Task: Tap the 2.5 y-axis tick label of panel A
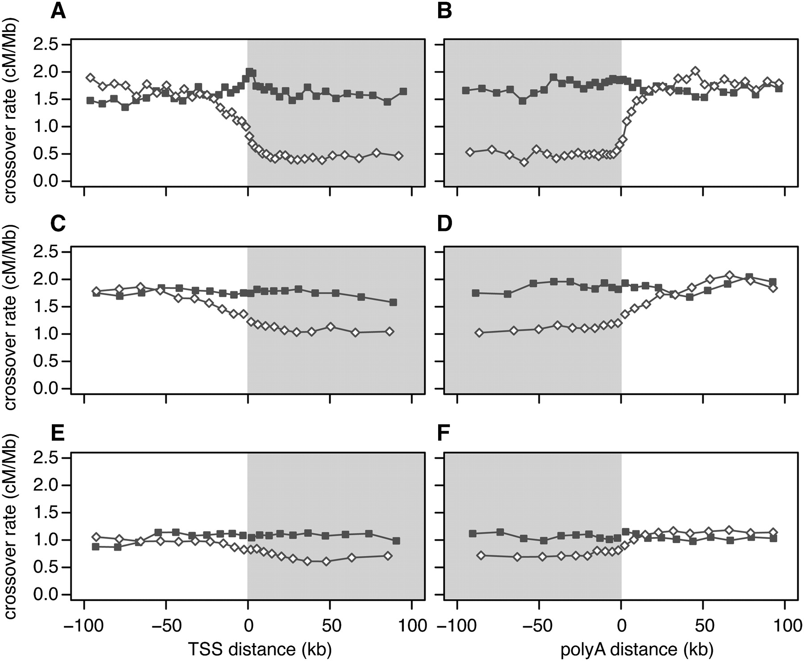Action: [46, 45]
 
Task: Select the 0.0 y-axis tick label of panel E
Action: [46, 595]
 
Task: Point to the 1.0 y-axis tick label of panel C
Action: [46, 334]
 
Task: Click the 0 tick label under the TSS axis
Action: [248, 626]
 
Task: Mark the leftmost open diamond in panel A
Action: [91, 77]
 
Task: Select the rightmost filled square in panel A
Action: [403, 92]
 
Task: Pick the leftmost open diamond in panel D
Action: [479, 333]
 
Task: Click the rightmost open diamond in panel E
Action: [388, 556]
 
